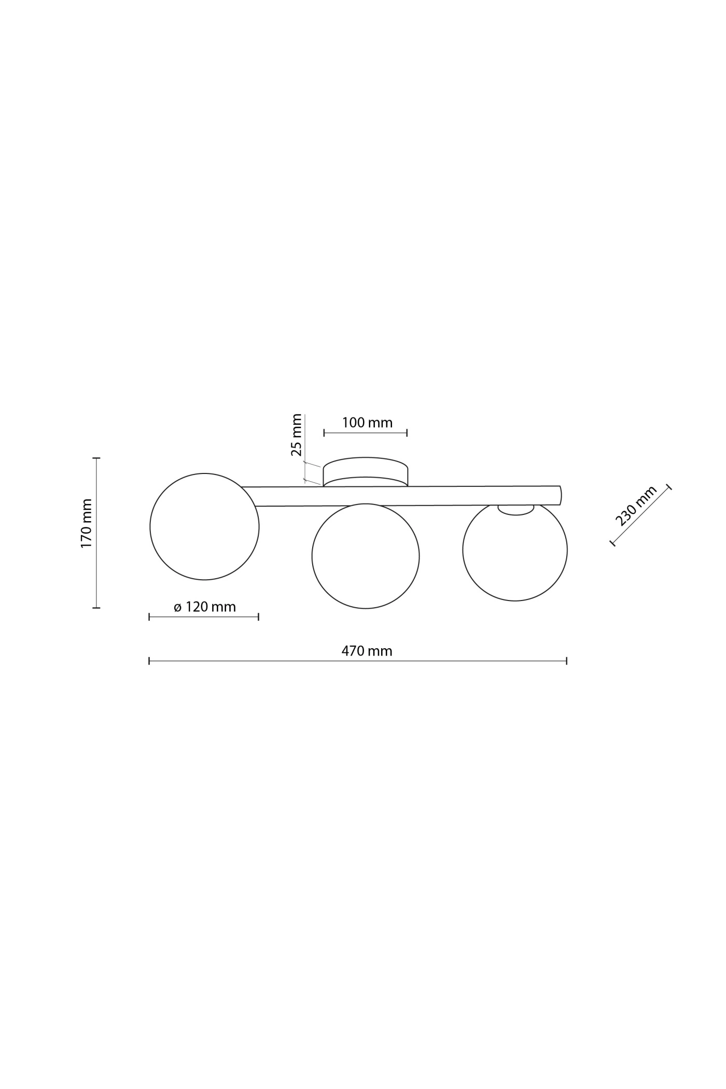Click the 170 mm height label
tap(87, 523)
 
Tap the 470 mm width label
tap(367, 651)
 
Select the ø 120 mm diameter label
tap(205, 606)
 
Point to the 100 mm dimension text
tap(367, 423)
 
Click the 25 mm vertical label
tap(296, 435)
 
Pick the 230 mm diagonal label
tap(636, 505)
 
